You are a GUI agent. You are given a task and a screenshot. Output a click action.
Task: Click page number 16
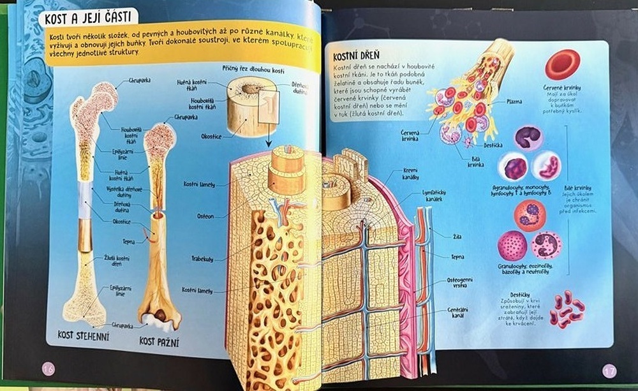(48, 368)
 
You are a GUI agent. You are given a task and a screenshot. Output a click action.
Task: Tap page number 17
(609, 370)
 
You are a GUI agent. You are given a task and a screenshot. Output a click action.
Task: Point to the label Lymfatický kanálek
(417, 195)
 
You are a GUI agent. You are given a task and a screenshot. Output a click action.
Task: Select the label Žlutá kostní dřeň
(117, 260)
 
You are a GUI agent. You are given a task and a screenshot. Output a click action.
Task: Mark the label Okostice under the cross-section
(210, 136)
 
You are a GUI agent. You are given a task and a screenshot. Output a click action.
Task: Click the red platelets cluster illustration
(567, 309)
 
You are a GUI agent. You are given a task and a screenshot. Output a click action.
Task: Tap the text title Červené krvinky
(562, 87)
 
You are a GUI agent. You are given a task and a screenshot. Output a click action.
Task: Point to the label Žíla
(456, 237)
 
